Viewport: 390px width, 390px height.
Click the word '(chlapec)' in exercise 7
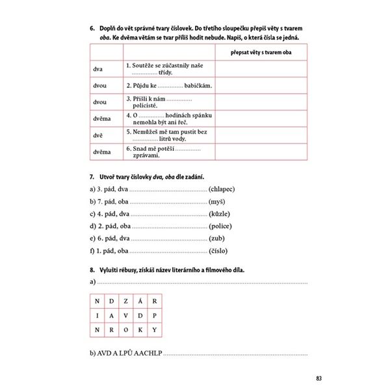[x=222, y=189]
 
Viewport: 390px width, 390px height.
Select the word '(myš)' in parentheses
[x=217, y=201]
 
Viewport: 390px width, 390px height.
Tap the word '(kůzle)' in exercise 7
[x=219, y=214]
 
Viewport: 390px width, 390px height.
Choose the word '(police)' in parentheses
[x=220, y=226]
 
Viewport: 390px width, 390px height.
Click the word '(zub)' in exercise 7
[x=217, y=239]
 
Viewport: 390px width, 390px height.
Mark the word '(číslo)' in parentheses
[x=219, y=251]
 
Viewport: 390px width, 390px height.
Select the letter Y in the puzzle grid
[x=153, y=330]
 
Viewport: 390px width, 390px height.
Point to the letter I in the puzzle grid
[x=97, y=315]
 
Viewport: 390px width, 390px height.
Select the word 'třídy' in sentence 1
[x=151, y=72]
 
